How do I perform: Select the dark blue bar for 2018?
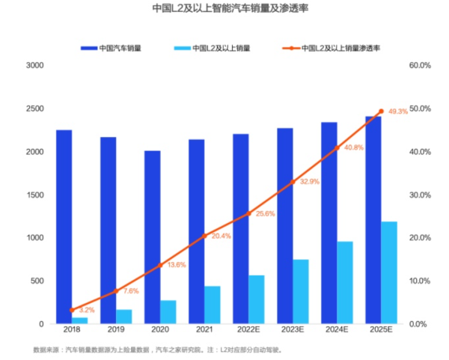tap(64, 225)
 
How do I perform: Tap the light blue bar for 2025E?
tap(388, 272)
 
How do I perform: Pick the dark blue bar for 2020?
tap(153, 237)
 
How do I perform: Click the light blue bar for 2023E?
tap(300, 291)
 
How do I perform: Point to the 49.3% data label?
tap(398, 112)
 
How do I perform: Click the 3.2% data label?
tap(86, 309)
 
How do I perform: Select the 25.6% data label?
tap(265, 213)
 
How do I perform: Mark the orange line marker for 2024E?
tap(336, 147)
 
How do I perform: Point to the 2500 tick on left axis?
tap(35, 109)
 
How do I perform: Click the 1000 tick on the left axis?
tap(35, 238)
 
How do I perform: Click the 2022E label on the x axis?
tap(248, 331)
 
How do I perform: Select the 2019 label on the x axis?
tap(116, 331)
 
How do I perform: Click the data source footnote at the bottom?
tap(157, 350)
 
